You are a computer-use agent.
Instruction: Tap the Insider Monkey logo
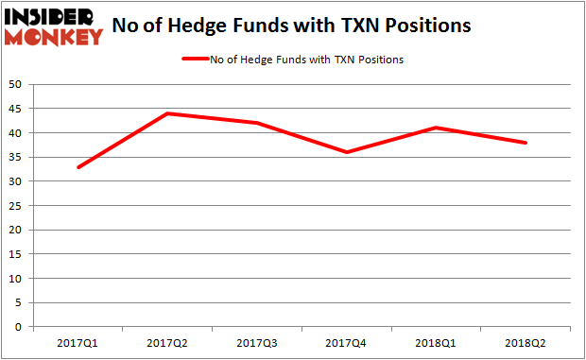click(x=54, y=26)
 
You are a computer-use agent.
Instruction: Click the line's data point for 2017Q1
click(x=78, y=167)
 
